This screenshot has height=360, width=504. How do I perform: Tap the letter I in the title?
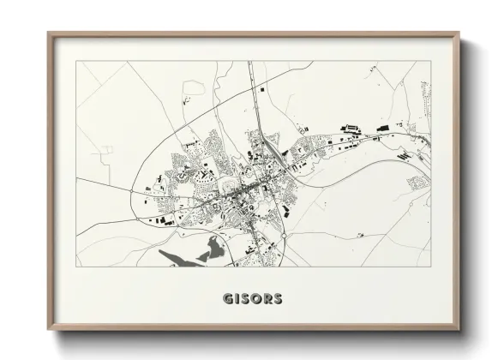click(236, 299)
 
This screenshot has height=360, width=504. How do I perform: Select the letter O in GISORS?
click(254, 299)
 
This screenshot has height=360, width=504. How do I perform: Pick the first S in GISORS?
click(243, 299)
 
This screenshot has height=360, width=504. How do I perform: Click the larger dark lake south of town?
click(210, 249)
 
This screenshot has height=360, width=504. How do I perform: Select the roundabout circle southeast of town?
click(282, 230)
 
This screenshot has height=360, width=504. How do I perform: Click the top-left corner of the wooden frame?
click(49, 34)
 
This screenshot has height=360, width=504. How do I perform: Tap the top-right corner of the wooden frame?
click(460, 34)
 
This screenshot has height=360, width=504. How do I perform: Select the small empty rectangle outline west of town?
click(106, 149)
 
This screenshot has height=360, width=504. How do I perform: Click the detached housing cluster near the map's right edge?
click(417, 183)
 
